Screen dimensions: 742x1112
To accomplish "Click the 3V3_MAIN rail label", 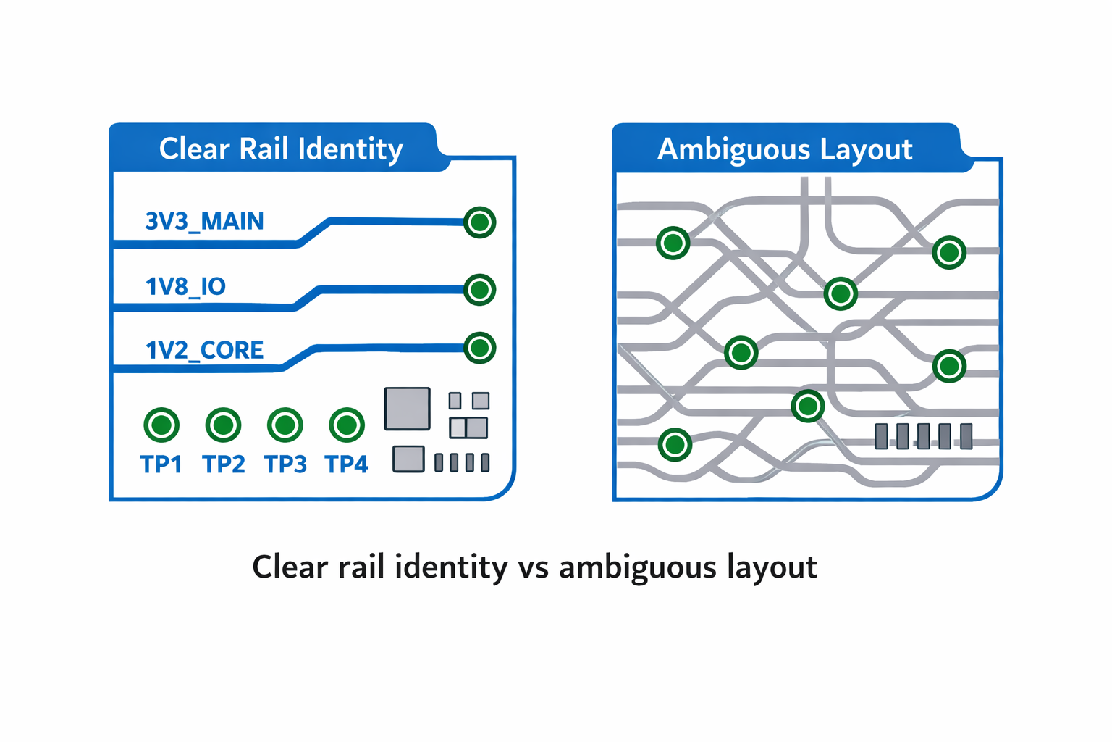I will [x=204, y=221].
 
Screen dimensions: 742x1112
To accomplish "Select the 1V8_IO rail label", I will [x=186, y=287].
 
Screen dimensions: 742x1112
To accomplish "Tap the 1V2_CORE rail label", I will [x=204, y=351].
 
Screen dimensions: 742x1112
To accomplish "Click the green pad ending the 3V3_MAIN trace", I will [x=479, y=222].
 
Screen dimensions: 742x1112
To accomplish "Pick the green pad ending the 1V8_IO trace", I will [x=479, y=290].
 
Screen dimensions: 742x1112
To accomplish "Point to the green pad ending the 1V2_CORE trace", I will [x=479, y=348].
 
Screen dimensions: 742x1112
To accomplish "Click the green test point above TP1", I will [x=161, y=425].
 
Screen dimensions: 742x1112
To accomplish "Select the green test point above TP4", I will [x=347, y=425].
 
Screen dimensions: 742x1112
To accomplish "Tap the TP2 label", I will [x=223, y=464].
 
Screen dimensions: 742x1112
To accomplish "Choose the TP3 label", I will [x=285, y=464].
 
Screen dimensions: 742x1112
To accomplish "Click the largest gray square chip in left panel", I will [x=408, y=409].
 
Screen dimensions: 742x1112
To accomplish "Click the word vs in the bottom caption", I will [x=534, y=567].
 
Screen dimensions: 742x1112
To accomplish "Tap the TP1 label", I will [x=161, y=464].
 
